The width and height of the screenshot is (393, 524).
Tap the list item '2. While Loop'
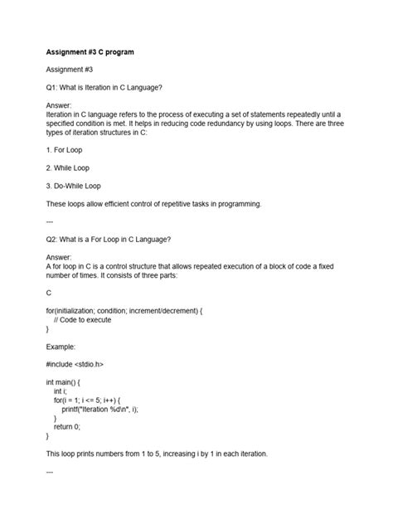71,168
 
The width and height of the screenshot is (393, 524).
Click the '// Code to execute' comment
82,319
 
